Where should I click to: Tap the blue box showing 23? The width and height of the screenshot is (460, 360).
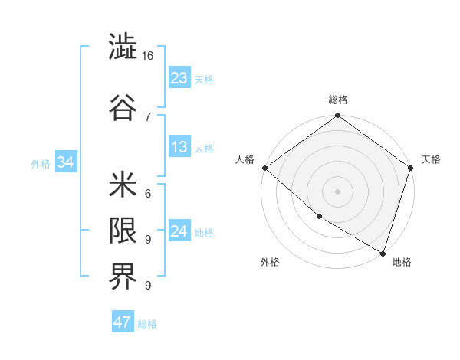coord(179,78)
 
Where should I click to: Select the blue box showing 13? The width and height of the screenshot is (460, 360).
coord(179,147)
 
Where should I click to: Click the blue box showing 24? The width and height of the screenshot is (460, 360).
coord(179,231)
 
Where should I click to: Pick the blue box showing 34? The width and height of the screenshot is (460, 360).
coord(66,162)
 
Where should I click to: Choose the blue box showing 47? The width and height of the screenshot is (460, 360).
coord(123,322)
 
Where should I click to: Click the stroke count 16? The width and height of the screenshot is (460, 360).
coord(148,57)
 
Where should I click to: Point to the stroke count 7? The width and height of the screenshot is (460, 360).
coord(147,116)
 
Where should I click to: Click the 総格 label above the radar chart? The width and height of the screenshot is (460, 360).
coord(338,100)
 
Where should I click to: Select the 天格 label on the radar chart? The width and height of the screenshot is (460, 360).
coord(431,159)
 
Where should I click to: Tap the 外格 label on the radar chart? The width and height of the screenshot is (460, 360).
coord(270,262)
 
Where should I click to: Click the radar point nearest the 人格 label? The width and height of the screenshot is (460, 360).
coord(264,168)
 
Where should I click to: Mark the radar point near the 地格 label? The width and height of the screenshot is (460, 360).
coord(383,252)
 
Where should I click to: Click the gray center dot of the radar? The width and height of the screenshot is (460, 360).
coord(337,191)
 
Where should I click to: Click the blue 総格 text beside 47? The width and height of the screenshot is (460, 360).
coord(147,324)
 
